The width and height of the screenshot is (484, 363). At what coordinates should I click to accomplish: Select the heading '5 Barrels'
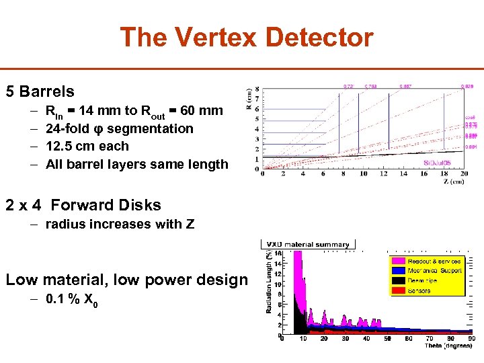pyautogui.click(x=40, y=91)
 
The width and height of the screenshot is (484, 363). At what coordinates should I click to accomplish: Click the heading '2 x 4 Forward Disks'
pyautogui.click(x=83, y=205)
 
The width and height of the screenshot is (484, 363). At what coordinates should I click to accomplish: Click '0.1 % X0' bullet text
pyautogui.click(x=72, y=302)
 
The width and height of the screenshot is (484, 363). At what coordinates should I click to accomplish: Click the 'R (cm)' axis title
pyautogui.click(x=250, y=100)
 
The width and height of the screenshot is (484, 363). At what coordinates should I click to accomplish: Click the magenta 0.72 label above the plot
pyautogui.click(x=348, y=87)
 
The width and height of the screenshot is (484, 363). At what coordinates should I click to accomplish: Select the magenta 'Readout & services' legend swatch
pyautogui.click(x=399, y=261)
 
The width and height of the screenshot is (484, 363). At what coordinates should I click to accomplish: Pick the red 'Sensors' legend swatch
pyautogui.click(x=399, y=290)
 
